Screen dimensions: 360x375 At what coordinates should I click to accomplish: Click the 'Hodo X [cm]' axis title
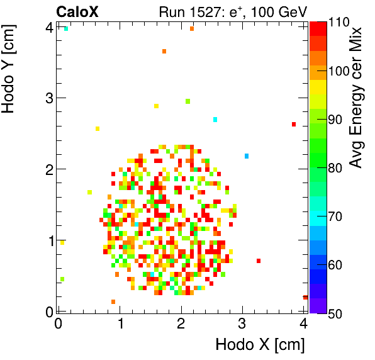[260, 345]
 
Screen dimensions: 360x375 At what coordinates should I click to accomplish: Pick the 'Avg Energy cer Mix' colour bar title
[357, 98]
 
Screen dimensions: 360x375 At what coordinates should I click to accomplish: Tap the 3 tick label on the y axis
[48, 98]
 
